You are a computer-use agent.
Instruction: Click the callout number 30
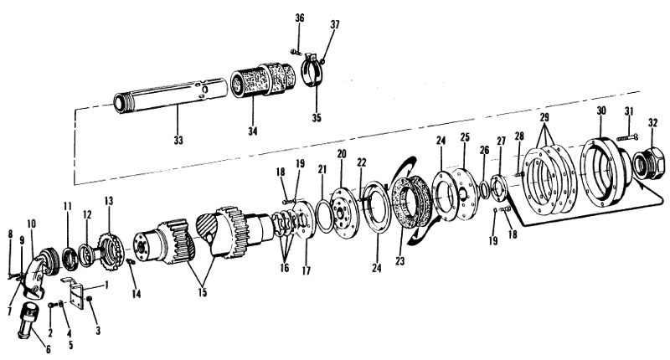click(601, 111)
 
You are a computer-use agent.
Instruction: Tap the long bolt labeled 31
click(627, 136)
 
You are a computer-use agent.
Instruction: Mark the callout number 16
click(285, 270)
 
